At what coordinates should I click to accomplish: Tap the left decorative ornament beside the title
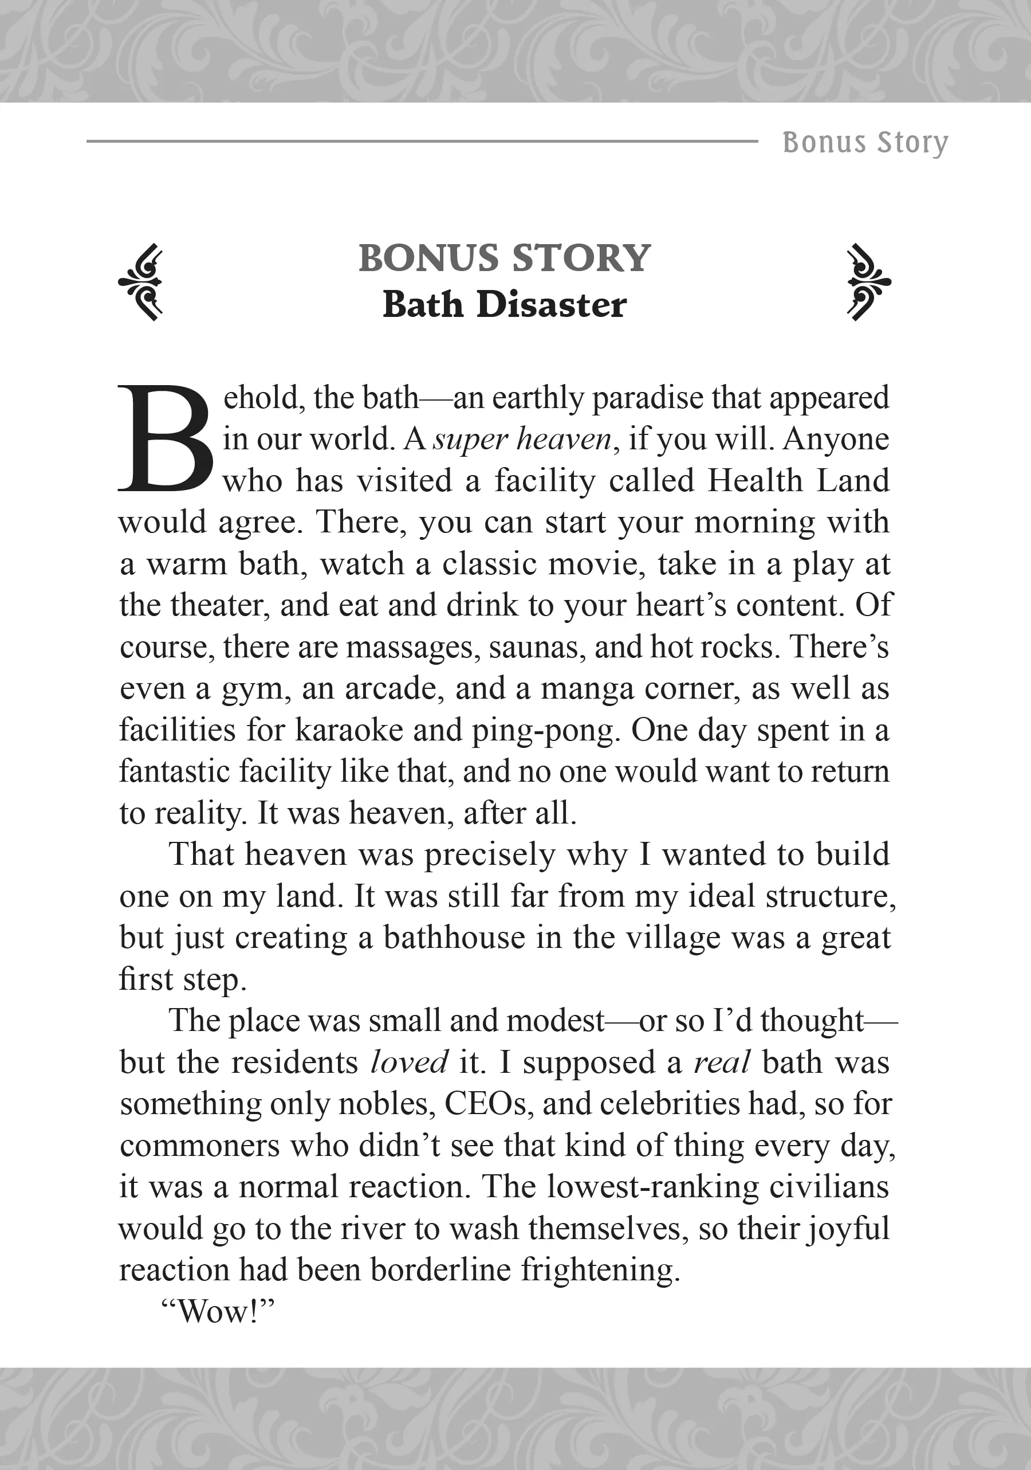tap(141, 282)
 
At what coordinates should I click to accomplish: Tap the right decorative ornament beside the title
tap(868, 282)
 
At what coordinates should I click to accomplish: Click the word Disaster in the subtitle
tap(551, 305)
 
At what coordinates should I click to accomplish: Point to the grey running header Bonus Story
tap(865, 142)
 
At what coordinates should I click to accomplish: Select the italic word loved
tap(409, 1063)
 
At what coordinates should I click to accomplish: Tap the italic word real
tap(721, 1063)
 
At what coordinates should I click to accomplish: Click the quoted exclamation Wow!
tap(218, 1312)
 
